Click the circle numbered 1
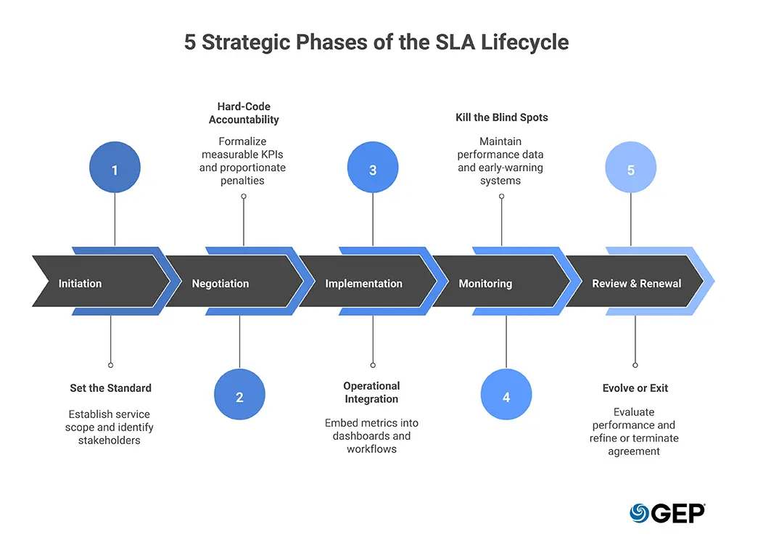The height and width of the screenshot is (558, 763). click(x=115, y=170)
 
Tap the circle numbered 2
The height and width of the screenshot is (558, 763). click(x=239, y=396)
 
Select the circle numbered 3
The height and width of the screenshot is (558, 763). click(x=373, y=170)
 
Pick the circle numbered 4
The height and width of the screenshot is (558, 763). click(x=506, y=396)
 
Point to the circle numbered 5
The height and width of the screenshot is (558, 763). click(x=631, y=170)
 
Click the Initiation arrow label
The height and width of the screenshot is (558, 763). click(x=80, y=284)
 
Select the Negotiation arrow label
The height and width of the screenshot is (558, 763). click(x=220, y=284)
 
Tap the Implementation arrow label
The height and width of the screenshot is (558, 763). click(x=363, y=284)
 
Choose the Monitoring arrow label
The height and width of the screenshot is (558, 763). click(x=485, y=284)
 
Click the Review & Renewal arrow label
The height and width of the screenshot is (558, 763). click(x=636, y=284)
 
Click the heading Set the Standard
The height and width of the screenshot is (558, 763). click(x=110, y=388)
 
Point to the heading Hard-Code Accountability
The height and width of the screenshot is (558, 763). click(x=244, y=113)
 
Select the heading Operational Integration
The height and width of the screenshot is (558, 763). click(x=371, y=393)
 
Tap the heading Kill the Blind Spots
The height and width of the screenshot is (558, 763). click(x=500, y=117)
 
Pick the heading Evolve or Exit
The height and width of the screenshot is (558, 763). click(x=635, y=388)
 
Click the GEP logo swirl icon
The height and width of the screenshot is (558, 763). click(x=639, y=513)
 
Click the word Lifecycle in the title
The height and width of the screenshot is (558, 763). click(x=522, y=42)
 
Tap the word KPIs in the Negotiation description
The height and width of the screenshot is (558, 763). click(x=271, y=155)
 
